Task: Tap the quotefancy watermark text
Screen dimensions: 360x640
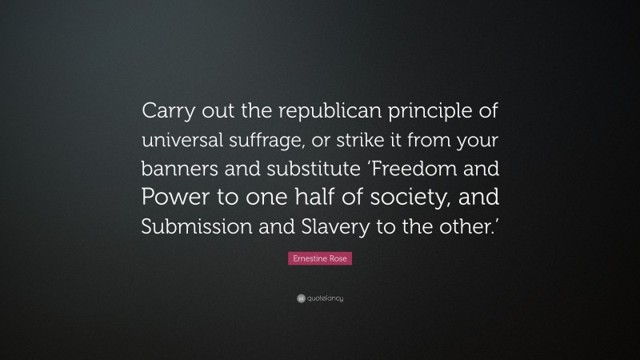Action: [325, 298]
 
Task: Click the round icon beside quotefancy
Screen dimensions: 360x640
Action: [301, 298]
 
